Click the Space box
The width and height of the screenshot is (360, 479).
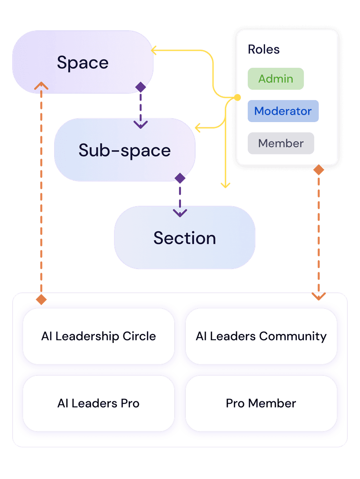click(x=83, y=62)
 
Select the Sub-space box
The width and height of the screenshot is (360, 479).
click(x=124, y=150)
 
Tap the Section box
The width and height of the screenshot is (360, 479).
click(x=185, y=238)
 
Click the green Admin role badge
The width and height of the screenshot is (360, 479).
click(x=276, y=79)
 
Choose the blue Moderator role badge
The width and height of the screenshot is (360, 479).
click(x=283, y=111)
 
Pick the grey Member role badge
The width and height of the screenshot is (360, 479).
click(x=281, y=143)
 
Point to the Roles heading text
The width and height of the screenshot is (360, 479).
click(x=264, y=49)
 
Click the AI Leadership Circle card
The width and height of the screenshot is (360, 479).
click(x=98, y=336)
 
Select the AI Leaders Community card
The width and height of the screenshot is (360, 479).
click(x=261, y=336)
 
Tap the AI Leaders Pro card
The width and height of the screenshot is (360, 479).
click(x=98, y=403)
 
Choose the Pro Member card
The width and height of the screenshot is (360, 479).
click(x=261, y=403)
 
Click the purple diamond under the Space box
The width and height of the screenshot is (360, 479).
click(x=140, y=87)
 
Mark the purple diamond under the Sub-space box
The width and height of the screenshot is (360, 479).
click(x=180, y=178)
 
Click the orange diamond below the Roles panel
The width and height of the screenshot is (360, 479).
click(x=318, y=170)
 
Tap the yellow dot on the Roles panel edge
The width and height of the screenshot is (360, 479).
click(x=237, y=98)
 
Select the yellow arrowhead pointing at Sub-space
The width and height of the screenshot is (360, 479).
click(x=197, y=127)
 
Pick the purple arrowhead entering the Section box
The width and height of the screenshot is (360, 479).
click(x=180, y=213)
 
